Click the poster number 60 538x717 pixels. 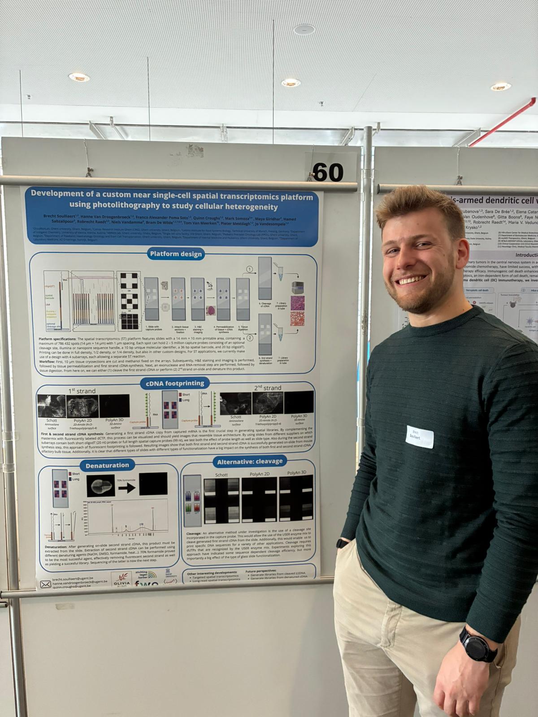[x=328, y=173]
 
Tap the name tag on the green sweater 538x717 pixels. [x=420, y=437]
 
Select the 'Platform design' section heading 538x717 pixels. [x=176, y=254]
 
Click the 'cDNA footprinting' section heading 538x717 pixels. [x=174, y=383]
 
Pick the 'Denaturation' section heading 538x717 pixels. [x=107, y=465]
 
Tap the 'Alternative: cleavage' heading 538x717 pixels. [x=250, y=462]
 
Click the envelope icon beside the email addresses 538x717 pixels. [x=46, y=584]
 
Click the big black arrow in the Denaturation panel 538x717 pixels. [x=127, y=487]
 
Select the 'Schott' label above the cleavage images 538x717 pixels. [x=221, y=475]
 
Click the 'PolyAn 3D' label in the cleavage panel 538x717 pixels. [x=297, y=473]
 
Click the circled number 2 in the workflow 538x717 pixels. [x=250, y=325]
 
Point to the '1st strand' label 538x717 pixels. [x=82, y=391]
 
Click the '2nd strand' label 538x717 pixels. [x=268, y=388]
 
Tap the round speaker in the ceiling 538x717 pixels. [x=304, y=30]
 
